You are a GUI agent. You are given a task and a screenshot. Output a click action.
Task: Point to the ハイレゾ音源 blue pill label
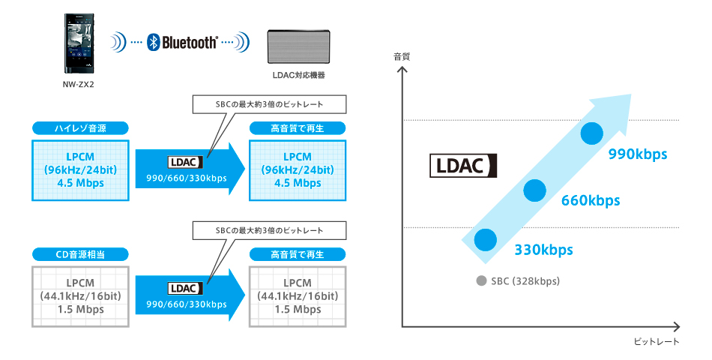80,128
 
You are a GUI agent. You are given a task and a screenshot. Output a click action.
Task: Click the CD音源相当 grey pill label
80,255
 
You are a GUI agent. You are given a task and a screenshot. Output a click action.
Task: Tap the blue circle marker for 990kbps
591,133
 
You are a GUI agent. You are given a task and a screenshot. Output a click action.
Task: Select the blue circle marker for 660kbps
534,190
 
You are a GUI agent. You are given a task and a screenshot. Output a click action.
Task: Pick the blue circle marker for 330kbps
484,239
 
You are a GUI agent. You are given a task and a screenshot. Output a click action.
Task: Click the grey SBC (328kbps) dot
480,281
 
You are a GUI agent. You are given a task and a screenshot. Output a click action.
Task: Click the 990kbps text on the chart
638,154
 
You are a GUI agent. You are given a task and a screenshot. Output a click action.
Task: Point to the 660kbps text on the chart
591,200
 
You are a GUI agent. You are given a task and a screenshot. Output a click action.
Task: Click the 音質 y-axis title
402,57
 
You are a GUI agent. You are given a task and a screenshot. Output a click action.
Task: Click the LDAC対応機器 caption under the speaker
299,76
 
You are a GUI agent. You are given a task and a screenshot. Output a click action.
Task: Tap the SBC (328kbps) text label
525,281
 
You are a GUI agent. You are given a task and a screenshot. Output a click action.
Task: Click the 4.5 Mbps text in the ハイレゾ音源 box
80,183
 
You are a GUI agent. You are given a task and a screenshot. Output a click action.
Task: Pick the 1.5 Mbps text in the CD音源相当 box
80,310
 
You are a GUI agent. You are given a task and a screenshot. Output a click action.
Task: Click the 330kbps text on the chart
543,250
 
